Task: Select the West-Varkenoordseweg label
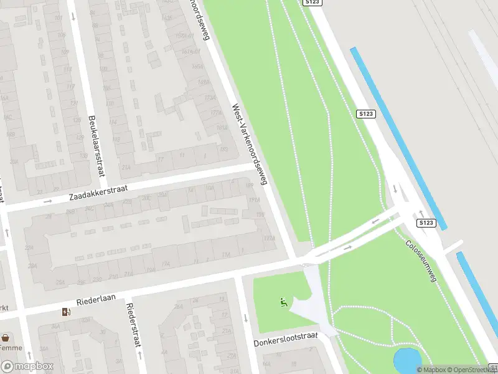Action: coord(250,144)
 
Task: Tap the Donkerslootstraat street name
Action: coord(286,340)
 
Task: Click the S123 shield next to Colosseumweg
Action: coord(426,223)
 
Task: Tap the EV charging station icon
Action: coord(66,312)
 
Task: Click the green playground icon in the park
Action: coord(284,304)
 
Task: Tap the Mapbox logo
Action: coord(27,367)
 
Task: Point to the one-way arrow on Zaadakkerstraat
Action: coord(48,201)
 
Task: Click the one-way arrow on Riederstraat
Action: coord(138,360)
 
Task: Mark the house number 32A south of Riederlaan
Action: coord(54,325)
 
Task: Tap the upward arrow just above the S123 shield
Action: coord(421,213)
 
